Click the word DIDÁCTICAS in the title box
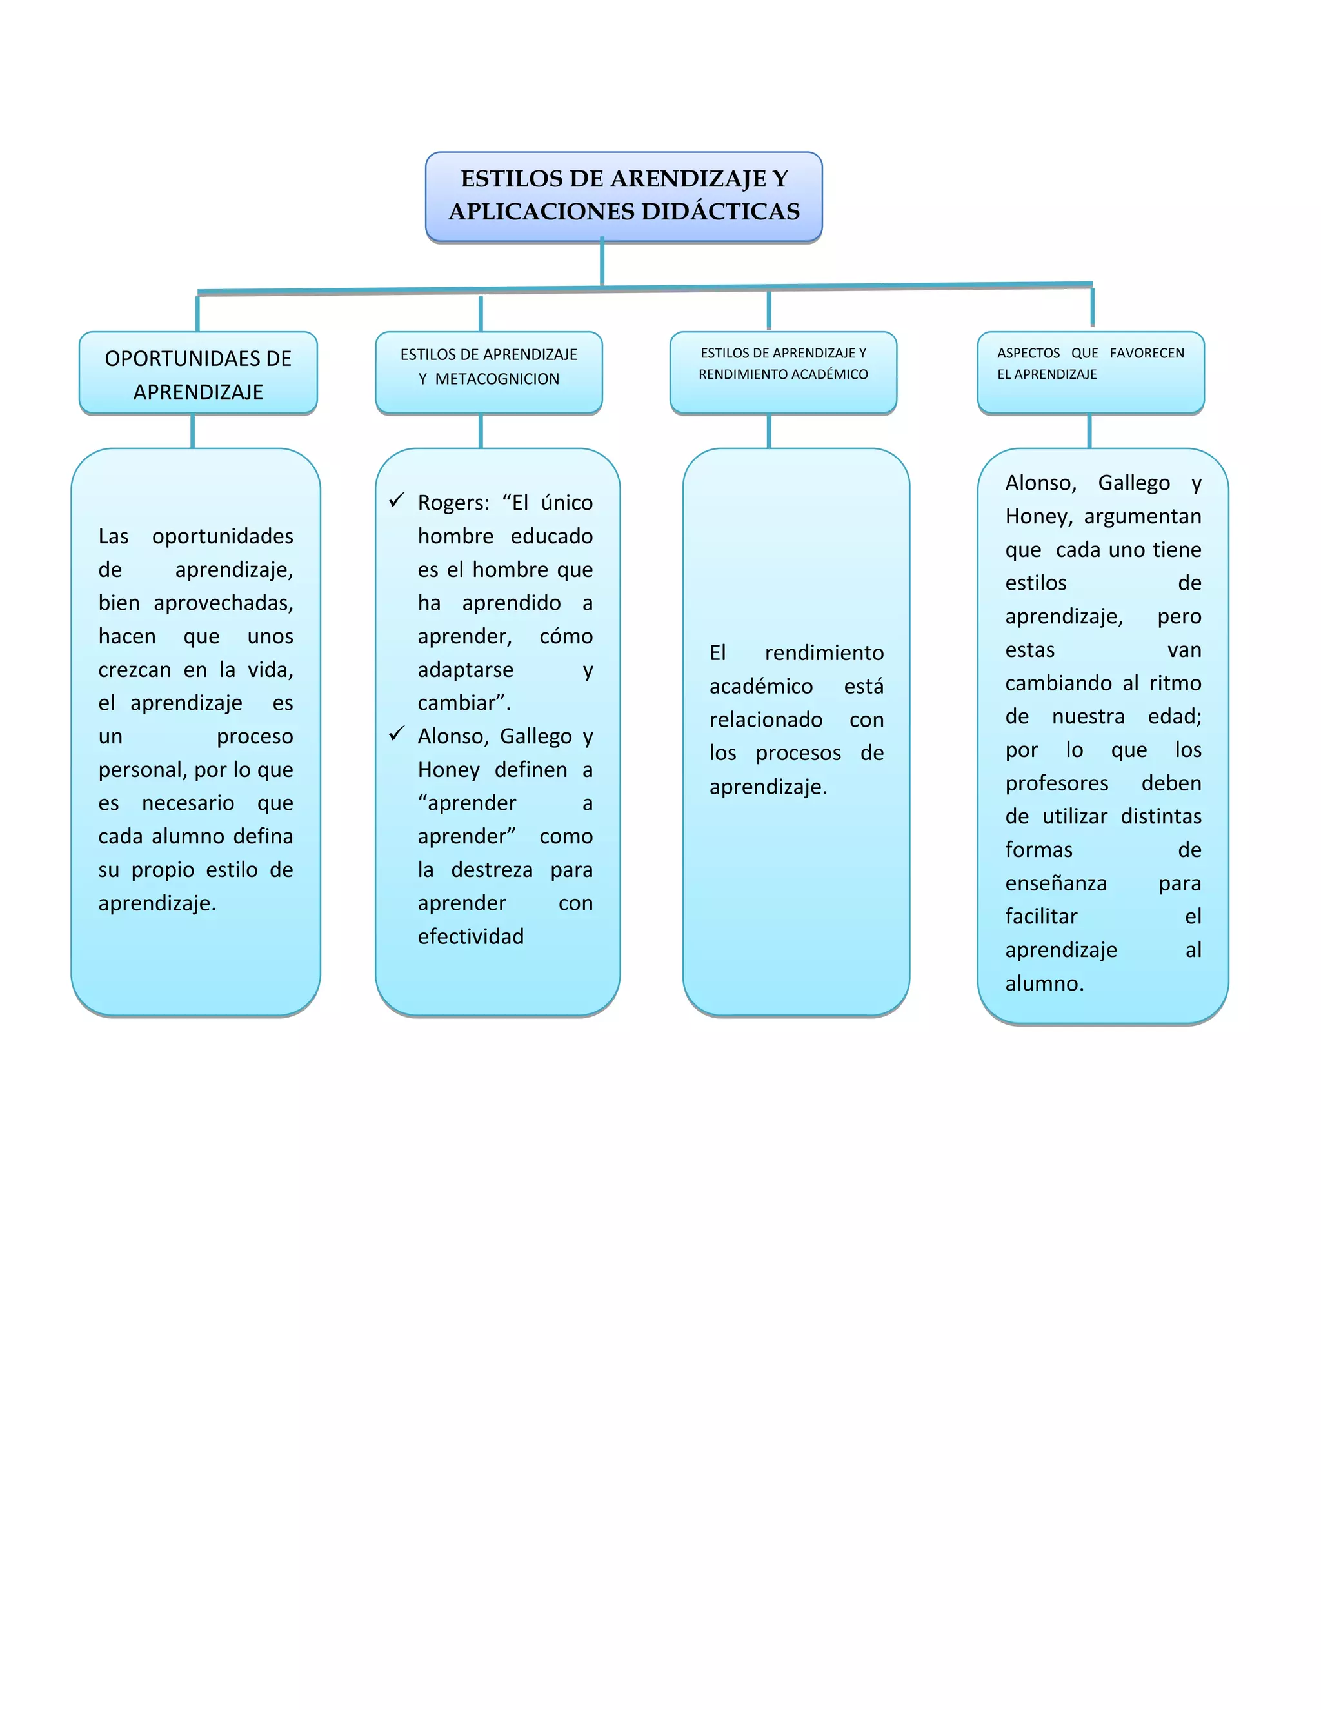(x=720, y=212)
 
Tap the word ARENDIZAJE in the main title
(x=689, y=179)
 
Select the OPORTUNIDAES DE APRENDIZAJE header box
(x=198, y=374)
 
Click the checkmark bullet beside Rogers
(x=397, y=499)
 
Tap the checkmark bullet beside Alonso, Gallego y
(x=397, y=734)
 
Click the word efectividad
(x=470, y=936)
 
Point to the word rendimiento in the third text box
(x=824, y=653)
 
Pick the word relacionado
(x=766, y=719)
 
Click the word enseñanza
(x=1056, y=884)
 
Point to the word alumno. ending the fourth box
(x=1044, y=983)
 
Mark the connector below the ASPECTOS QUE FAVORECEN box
(x=1089, y=430)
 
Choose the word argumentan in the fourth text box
(x=1142, y=517)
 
